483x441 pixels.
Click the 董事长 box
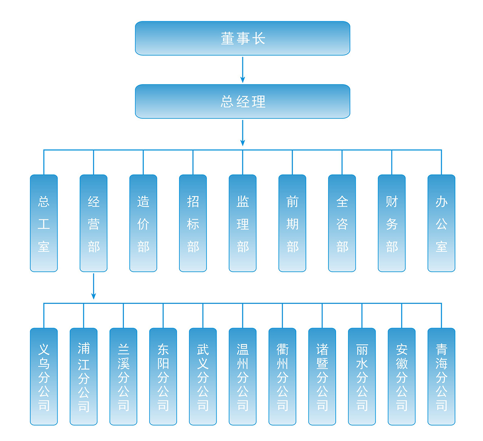[242, 38]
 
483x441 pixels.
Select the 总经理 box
[242, 101]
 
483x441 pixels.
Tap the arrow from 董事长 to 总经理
[242, 70]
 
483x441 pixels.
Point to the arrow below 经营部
[93, 286]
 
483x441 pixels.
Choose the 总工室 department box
[44, 223]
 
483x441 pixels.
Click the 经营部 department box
[93, 223]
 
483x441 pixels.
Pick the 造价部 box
[143, 223]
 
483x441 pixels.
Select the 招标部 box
[193, 223]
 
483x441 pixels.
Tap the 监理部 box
[243, 223]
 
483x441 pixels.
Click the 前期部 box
[292, 223]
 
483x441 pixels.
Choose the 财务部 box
[392, 223]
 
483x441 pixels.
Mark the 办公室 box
[441, 223]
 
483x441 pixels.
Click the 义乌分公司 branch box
[44, 376]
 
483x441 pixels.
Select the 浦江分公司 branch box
[84, 376]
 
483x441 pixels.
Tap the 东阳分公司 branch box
[163, 376]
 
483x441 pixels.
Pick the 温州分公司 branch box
[243, 376]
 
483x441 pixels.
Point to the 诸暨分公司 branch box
[322, 376]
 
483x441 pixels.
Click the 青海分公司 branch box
[441, 376]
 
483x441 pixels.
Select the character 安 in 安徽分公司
[402, 349]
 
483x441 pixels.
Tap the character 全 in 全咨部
[342, 201]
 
